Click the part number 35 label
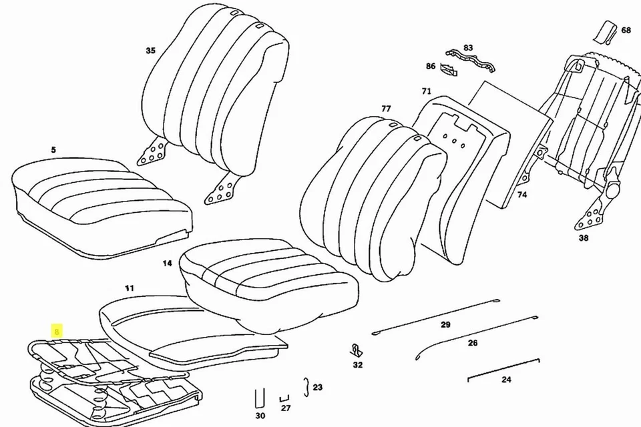click(150, 51)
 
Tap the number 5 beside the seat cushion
click(53, 150)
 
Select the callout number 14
click(167, 264)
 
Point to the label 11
click(130, 288)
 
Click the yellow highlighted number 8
click(57, 331)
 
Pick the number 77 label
click(386, 108)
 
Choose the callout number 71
click(426, 91)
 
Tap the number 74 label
click(521, 195)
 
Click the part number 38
click(583, 238)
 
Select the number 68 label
click(626, 31)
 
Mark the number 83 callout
click(468, 48)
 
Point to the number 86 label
click(431, 66)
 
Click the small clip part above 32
click(357, 350)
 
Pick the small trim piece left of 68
click(606, 31)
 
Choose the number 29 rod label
click(445, 325)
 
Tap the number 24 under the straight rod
click(506, 380)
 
